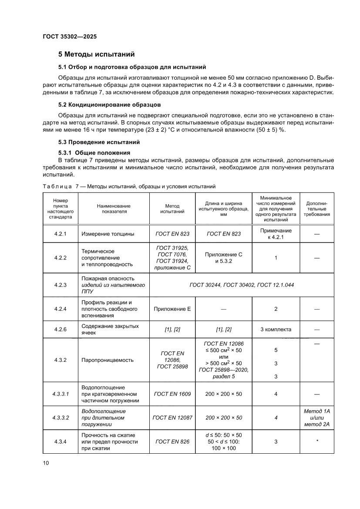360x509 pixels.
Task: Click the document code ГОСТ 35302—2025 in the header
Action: [69, 37]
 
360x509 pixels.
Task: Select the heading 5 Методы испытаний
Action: [96, 54]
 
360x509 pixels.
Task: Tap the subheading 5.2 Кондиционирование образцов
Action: [110, 105]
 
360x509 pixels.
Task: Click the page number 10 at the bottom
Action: [46, 463]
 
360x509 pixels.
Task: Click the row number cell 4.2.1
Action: [60, 234]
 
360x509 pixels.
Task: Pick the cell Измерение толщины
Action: [108, 234]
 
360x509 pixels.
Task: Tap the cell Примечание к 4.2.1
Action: [276, 234]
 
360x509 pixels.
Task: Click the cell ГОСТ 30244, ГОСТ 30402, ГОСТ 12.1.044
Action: [242, 285]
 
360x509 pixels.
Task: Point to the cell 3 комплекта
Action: [276, 329]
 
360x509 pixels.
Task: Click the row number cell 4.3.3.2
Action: [60, 418]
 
